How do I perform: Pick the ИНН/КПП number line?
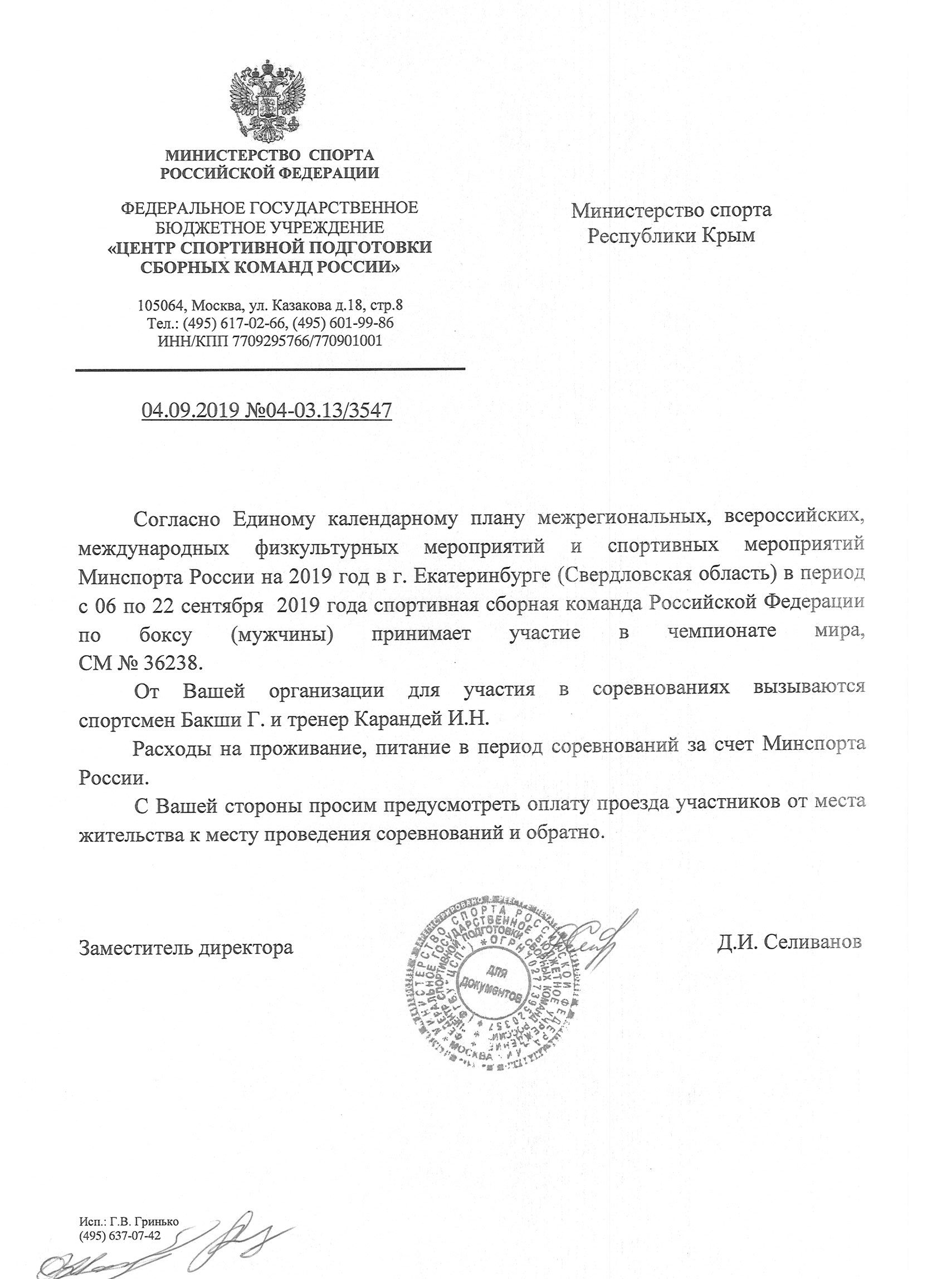(271, 340)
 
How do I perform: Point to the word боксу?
(166, 633)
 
